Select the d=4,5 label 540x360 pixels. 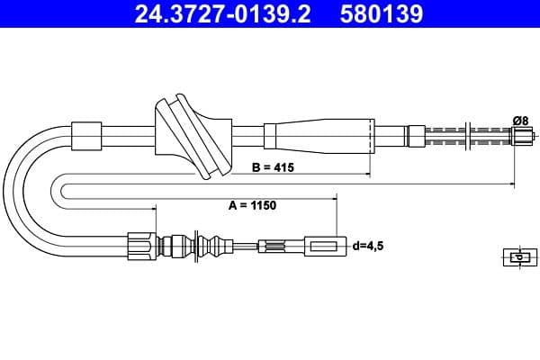pyautogui.click(x=369, y=245)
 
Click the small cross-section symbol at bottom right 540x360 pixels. pyautogui.click(x=517, y=256)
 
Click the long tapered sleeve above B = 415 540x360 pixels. pyautogui.click(x=319, y=137)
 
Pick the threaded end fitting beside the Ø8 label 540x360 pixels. pyautogui.click(x=522, y=137)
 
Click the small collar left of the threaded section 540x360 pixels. pyautogui.click(x=415, y=136)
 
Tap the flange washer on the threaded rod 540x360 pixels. pyautogui.click(x=466, y=137)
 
